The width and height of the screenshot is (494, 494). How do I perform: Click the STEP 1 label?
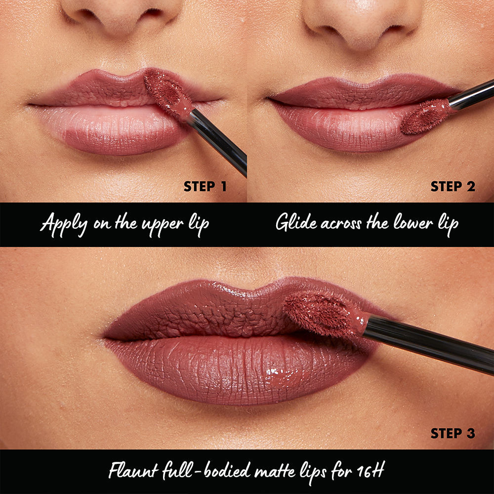coord(205,187)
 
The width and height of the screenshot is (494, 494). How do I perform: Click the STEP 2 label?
coord(453,187)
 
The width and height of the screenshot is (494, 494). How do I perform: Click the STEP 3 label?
coord(453,433)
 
